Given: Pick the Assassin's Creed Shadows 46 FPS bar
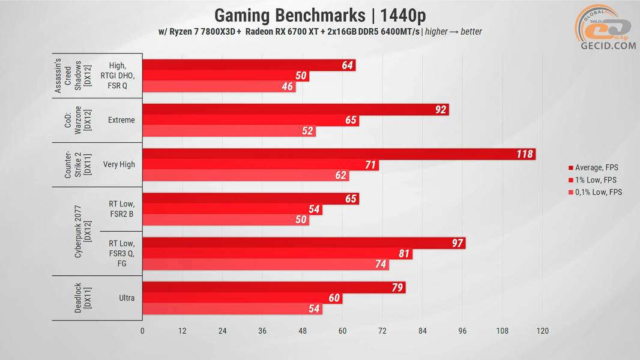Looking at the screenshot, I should pyautogui.click(x=219, y=87).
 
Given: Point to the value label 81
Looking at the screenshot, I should pyautogui.click(x=404, y=254).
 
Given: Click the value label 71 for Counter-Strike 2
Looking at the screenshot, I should pyautogui.click(x=370, y=165).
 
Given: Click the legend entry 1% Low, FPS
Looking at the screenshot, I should pyautogui.click(x=595, y=180).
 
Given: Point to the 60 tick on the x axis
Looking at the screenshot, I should pyautogui.click(x=342, y=331).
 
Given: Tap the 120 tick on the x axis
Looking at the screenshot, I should pyautogui.click(x=542, y=331).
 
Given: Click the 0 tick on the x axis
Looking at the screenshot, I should pyautogui.click(x=142, y=331).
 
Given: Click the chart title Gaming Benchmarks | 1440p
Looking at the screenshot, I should pyautogui.click(x=320, y=15).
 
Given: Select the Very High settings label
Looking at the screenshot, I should pyautogui.click(x=119, y=164).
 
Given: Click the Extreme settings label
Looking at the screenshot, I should pyautogui.click(x=121, y=120).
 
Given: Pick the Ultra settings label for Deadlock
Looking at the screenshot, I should pyautogui.click(x=127, y=298).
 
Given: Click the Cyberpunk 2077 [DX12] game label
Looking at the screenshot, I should pyautogui.click(x=82, y=231).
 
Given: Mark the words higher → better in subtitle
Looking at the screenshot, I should pyautogui.click(x=453, y=32).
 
